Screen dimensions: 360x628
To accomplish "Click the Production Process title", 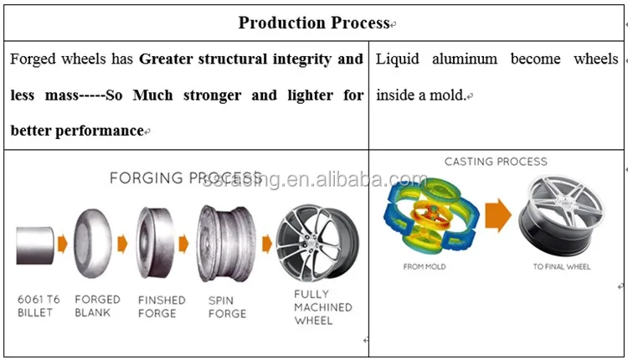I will coord(314,23).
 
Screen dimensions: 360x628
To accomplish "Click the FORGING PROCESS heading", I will coord(186,177).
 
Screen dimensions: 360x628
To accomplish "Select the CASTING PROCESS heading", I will coord(495,162).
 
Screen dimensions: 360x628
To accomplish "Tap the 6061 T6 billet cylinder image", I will coord(34,244).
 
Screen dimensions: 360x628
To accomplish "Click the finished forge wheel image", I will coord(158,244).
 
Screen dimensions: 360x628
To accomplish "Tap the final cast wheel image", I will coord(560,214).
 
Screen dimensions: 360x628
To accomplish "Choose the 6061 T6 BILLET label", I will coord(39,306).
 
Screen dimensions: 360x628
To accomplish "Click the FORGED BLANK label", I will coord(97,306).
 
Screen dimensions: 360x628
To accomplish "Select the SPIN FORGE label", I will coord(227,306).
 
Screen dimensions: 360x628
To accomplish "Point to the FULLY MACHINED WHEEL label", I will coord(323,306).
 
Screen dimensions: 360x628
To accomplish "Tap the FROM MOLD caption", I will coord(424,267).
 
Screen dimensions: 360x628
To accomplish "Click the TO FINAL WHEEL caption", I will coord(561,267).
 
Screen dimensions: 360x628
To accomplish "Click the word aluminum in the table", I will coord(465,59).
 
